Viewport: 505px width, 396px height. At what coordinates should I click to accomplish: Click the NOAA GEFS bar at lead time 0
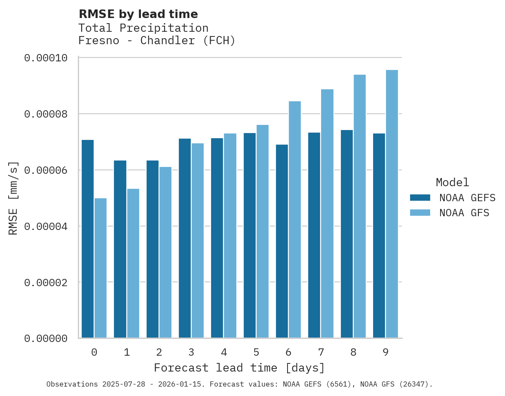pyautogui.click(x=88, y=239)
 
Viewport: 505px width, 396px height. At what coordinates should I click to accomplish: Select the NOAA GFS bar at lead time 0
pyautogui.click(x=101, y=268)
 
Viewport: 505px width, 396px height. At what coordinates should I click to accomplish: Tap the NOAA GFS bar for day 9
pyautogui.click(x=392, y=204)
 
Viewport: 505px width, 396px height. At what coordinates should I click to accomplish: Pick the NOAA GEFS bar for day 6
pyautogui.click(x=282, y=241)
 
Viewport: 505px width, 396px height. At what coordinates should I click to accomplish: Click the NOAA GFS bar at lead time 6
pyautogui.click(x=295, y=220)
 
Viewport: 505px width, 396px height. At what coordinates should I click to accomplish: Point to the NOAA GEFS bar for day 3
pyautogui.click(x=185, y=238)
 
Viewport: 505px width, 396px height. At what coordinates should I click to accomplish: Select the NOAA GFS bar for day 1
pyautogui.click(x=133, y=263)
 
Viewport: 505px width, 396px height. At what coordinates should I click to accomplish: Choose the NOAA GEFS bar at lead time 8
pyautogui.click(x=347, y=234)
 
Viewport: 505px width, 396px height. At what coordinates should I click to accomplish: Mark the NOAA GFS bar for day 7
pyautogui.click(x=327, y=214)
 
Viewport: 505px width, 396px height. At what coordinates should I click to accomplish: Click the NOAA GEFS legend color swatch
pyautogui.click(x=420, y=197)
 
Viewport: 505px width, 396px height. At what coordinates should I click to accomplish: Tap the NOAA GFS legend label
pyautogui.click(x=464, y=212)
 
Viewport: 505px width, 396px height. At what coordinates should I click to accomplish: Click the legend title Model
pyautogui.click(x=452, y=182)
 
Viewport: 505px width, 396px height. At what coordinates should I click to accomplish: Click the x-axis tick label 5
pyautogui.click(x=256, y=353)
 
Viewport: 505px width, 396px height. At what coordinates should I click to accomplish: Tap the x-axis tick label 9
pyautogui.click(x=386, y=353)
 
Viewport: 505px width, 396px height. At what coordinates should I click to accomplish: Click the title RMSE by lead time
pyautogui.click(x=138, y=14)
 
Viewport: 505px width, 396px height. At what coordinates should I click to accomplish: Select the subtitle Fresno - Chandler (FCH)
pyautogui.click(x=157, y=41)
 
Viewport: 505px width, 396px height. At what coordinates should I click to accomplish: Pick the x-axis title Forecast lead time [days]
pyautogui.click(x=239, y=368)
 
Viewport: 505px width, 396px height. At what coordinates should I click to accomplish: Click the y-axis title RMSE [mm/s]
pyautogui.click(x=14, y=198)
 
